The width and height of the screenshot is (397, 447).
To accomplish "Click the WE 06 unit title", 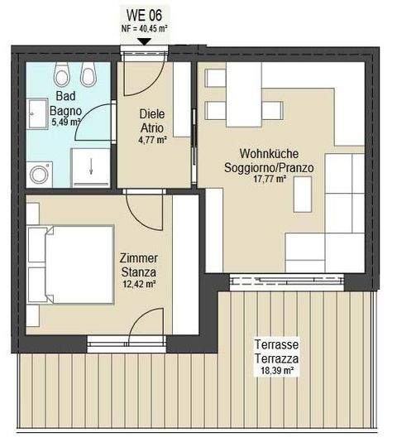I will point(144,14).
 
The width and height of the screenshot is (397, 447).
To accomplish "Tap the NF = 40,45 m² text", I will point(144,27).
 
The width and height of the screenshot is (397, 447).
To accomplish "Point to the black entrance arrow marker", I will point(144,40).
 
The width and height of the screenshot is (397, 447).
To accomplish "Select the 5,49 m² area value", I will point(64,123).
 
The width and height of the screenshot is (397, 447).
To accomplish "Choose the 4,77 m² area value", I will point(153,141).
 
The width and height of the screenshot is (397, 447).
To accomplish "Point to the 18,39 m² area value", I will point(277,371).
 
